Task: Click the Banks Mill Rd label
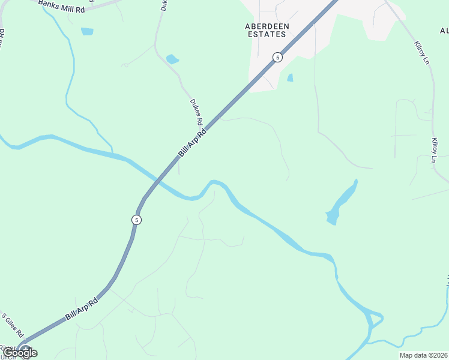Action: click(x=61, y=7)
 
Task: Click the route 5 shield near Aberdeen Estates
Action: click(x=277, y=57)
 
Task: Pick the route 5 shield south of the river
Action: click(x=137, y=220)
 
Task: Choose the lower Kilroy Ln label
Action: click(x=433, y=150)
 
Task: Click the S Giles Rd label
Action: click(x=12, y=325)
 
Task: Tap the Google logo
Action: click(x=20, y=353)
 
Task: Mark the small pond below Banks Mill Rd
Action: click(x=87, y=31)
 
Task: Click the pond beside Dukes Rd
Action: click(x=172, y=59)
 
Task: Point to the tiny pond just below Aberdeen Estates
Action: click(x=291, y=77)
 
